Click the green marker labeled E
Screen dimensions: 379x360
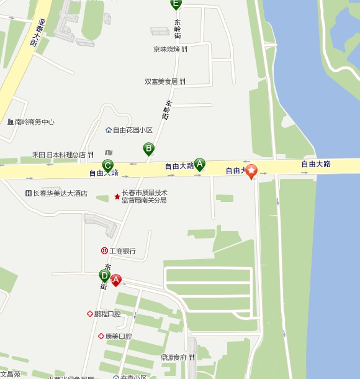click(176, 4)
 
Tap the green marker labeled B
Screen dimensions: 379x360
click(148, 148)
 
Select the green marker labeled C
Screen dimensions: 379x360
click(107, 165)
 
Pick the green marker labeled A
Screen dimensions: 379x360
click(199, 163)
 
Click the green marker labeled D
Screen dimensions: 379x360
click(104, 275)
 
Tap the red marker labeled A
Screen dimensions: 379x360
click(115, 280)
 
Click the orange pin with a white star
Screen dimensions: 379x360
click(251, 170)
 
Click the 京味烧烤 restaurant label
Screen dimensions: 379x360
click(167, 49)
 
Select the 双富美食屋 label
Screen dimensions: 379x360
click(161, 81)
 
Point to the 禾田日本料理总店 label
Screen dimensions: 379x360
click(59, 155)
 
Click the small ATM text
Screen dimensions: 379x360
click(109, 152)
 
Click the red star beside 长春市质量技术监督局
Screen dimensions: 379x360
click(117, 197)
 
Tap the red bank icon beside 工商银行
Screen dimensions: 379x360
click(104, 251)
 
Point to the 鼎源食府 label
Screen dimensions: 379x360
click(174, 357)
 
